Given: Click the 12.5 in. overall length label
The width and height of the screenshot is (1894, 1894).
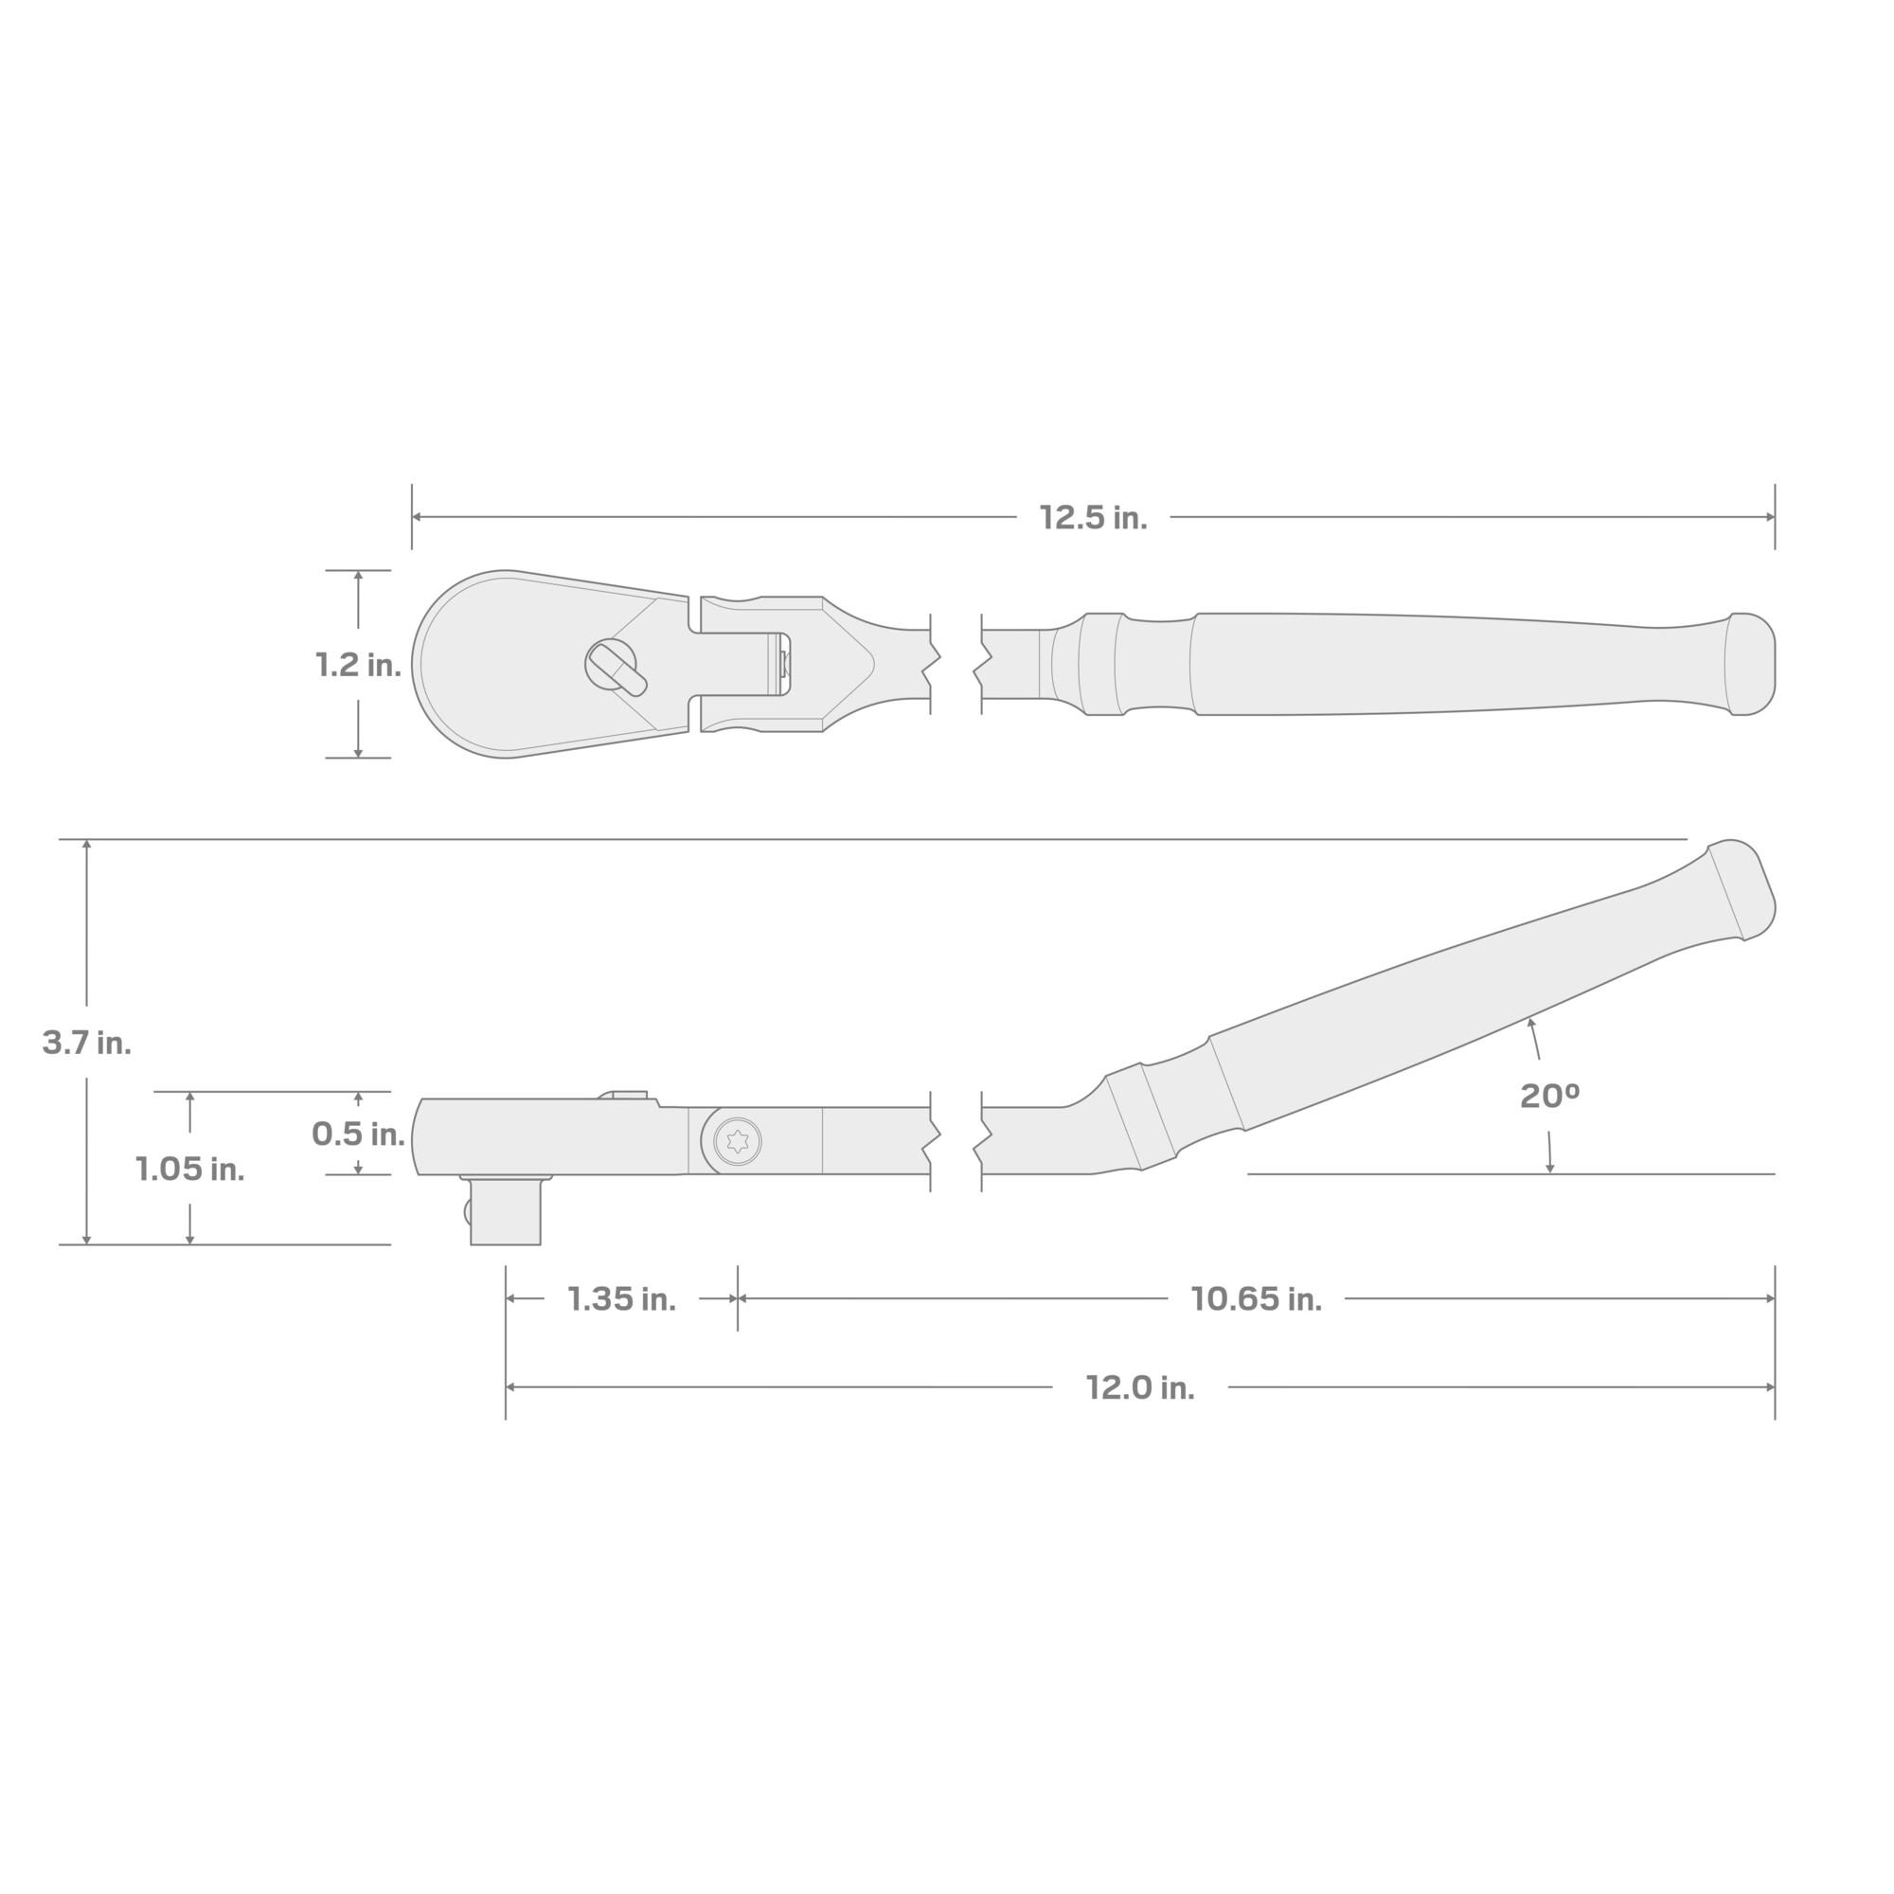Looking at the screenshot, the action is (x=1093, y=518).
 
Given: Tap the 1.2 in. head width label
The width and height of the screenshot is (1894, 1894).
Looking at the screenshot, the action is (x=358, y=665).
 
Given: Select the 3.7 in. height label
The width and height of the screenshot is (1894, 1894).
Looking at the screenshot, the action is (x=86, y=1042).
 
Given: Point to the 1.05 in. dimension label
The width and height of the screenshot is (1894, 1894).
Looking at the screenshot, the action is (x=189, y=1169).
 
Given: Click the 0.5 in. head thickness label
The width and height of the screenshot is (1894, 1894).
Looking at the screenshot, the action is (x=358, y=1134).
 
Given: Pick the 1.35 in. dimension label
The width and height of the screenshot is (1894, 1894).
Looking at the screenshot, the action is (x=621, y=1299).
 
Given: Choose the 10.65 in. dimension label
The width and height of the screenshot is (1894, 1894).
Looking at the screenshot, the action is (x=1256, y=1299).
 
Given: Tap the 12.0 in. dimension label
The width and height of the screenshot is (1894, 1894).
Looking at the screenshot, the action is (x=1139, y=1387).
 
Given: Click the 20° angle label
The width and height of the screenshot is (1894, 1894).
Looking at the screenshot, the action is (x=1549, y=1096).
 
